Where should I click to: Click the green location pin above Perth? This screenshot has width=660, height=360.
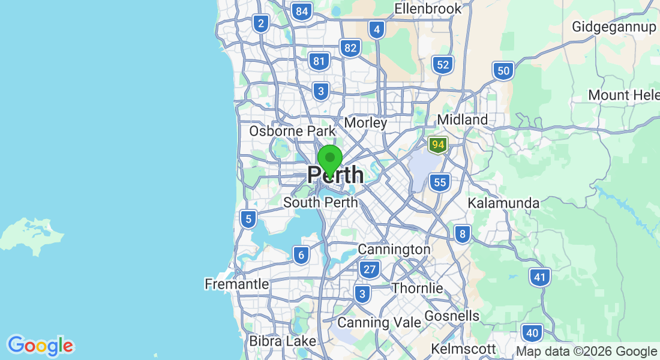tap(329, 159)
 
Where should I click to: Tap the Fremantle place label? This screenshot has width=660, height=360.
tap(236, 284)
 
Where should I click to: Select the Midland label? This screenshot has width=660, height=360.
tap(462, 120)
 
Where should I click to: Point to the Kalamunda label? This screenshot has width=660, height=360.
tap(503, 203)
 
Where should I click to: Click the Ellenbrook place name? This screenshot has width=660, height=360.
tap(428, 9)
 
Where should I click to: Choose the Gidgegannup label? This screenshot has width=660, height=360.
tap(614, 27)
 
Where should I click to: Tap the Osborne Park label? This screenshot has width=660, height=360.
tap(292, 131)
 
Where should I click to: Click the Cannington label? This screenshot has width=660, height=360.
tap(394, 249)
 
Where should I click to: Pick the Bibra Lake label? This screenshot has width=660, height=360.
tap(282, 341)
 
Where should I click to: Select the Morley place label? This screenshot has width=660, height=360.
tap(365, 122)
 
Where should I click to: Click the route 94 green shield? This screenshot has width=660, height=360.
tap(438, 145)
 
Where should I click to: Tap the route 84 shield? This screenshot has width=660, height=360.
tap(302, 11)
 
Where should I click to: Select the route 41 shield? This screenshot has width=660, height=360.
tap(540, 277)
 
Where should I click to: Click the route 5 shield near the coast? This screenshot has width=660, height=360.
tap(248, 219)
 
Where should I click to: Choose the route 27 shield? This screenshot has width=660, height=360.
tap(370, 269)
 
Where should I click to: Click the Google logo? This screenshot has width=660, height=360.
tap(41, 346)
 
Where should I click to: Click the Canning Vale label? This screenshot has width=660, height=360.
tap(379, 322)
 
